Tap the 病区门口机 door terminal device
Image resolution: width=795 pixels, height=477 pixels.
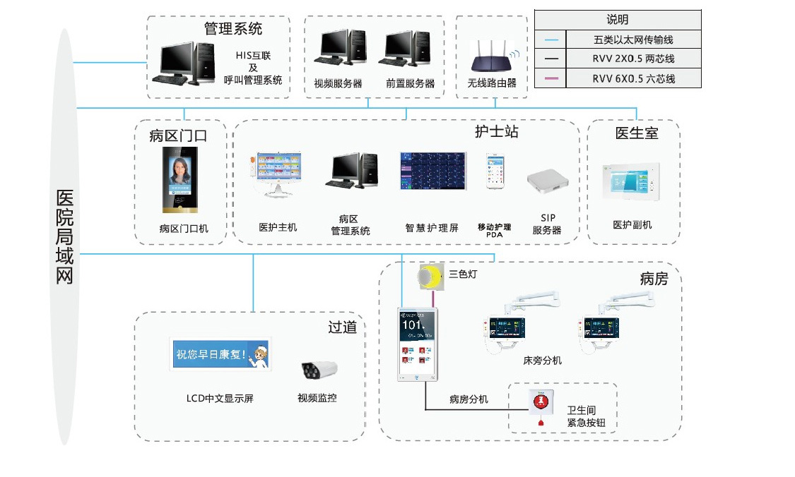click(179, 179)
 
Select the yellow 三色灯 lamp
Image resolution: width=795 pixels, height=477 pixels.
click(429, 276)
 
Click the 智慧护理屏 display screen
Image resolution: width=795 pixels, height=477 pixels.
click(432, 171)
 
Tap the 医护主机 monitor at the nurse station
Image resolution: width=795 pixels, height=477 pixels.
click(278, 173)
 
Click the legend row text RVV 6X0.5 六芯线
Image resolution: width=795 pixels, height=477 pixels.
click(633, 79)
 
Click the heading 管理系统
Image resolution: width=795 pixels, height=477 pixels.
click(233, 29)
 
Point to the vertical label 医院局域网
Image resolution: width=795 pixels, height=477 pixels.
click(64, 236)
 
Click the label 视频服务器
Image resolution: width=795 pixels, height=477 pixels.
click(338, 83)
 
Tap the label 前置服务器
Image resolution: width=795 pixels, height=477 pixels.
click(410, 83)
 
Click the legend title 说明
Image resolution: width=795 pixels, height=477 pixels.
click(617, 20)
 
